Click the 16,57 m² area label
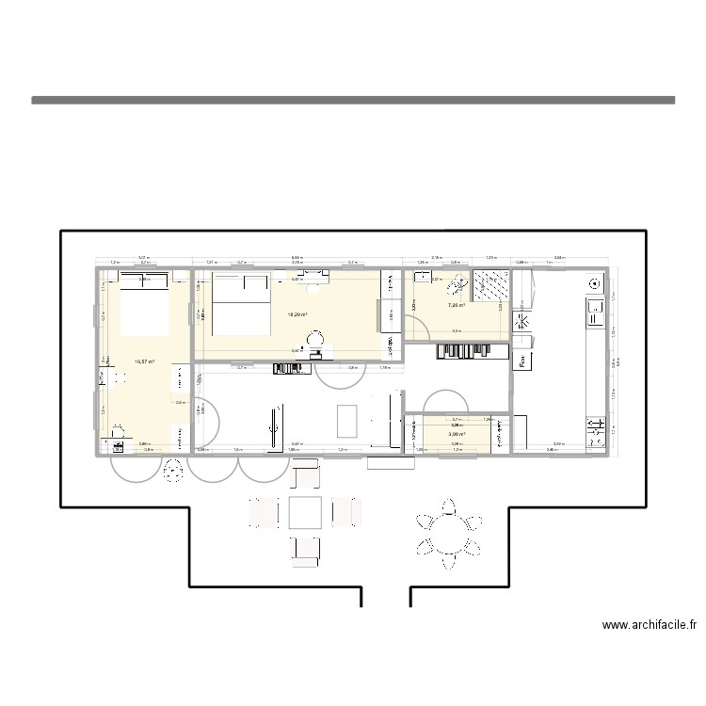[x=144, y=361]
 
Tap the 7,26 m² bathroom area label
[x=458, y=305]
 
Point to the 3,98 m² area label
[x=458, y=434]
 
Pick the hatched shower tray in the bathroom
[x=490, y=286]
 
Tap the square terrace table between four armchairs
[x=306, y=513]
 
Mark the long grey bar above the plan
[x=353, y=99]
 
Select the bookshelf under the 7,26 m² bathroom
[x=458, y=351]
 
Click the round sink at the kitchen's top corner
[x=594, y=283]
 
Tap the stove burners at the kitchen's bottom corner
[x=595, y=431]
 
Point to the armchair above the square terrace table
[x=306, y=477]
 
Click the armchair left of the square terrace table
[x=265, y=513]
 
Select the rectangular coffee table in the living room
[x=346, y=421]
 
